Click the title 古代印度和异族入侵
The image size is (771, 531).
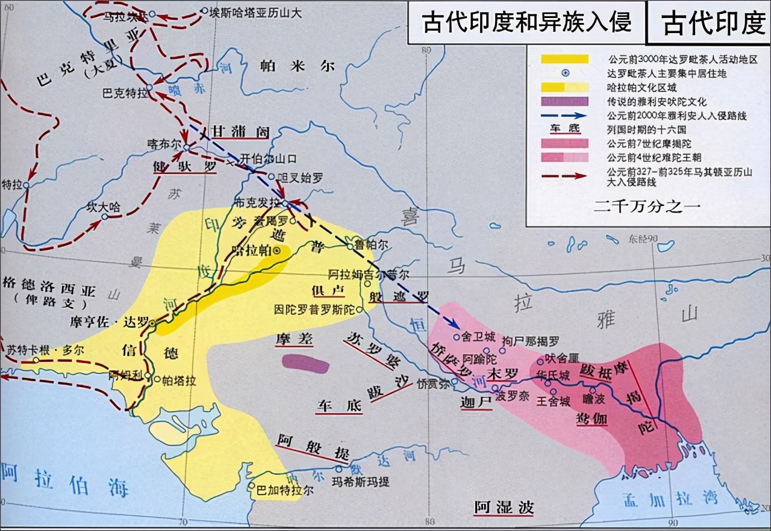526,22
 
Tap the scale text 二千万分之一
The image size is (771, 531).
647,206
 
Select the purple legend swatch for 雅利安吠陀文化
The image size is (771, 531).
565,102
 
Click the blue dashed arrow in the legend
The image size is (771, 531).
565,116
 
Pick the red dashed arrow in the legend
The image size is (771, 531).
565,175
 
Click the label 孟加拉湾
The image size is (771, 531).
669,498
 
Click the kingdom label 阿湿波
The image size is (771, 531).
504,507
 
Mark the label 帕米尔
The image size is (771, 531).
296,67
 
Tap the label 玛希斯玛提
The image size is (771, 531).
361,482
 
